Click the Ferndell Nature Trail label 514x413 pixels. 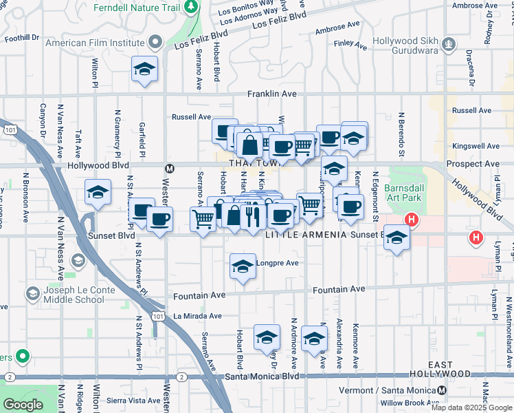[x=137, y=8]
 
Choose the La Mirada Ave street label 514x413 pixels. [x=197, y=317]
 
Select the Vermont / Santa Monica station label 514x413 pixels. [x=392, y=390]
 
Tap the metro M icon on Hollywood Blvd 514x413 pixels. [x=169, y=167]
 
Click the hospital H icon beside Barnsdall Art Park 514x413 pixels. [x=411, y=220]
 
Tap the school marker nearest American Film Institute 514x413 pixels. [x=144, y=69]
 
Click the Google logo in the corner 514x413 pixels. [x=23, y=405]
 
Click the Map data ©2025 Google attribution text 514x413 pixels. [x=471, y=407]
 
